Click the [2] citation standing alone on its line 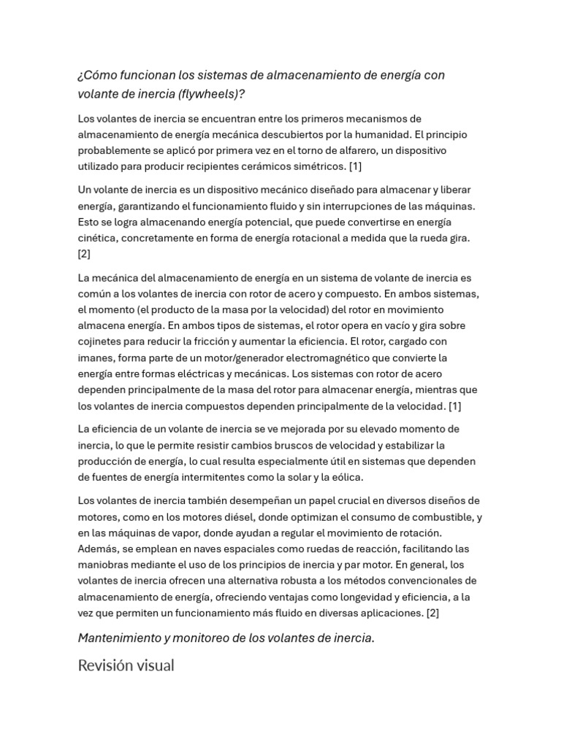(84, 254)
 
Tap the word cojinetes (102, 341)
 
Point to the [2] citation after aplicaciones (432, 613)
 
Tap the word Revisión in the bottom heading (105, 665)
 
